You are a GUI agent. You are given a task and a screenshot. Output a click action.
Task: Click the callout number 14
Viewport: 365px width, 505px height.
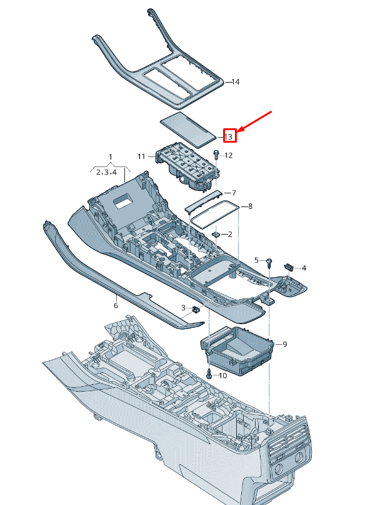(x=236, y=82)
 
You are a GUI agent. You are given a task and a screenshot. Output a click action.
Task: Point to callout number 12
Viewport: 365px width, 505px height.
(x=228, y=155)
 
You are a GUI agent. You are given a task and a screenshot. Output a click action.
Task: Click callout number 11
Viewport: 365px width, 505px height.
(x=141, y=156)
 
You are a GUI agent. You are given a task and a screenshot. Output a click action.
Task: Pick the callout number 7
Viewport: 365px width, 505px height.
(x=233, y=193)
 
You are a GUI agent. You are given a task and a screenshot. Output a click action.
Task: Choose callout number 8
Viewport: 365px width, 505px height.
(x=250, y=206)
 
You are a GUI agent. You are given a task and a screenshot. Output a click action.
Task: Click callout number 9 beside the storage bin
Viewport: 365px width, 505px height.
(x=284, y=344)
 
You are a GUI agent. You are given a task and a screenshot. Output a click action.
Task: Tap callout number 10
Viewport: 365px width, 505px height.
(x=223, y=376)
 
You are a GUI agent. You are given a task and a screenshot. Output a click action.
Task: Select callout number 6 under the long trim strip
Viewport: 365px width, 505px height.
(x=116, y=305)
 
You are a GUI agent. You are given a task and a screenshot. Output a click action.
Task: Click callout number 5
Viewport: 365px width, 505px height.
(x=256, y=260)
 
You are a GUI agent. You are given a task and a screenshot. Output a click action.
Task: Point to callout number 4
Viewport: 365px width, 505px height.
(x=304, y=268)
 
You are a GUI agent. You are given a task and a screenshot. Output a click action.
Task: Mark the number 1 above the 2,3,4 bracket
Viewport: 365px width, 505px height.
(x=111, y=156)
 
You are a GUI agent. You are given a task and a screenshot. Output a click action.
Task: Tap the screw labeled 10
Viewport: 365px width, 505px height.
(x=209, y=374)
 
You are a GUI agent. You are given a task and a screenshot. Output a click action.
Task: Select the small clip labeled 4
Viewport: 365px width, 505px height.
(x=289, y=267)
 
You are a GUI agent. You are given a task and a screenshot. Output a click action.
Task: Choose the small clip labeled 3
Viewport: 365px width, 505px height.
(x=196, y=308)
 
